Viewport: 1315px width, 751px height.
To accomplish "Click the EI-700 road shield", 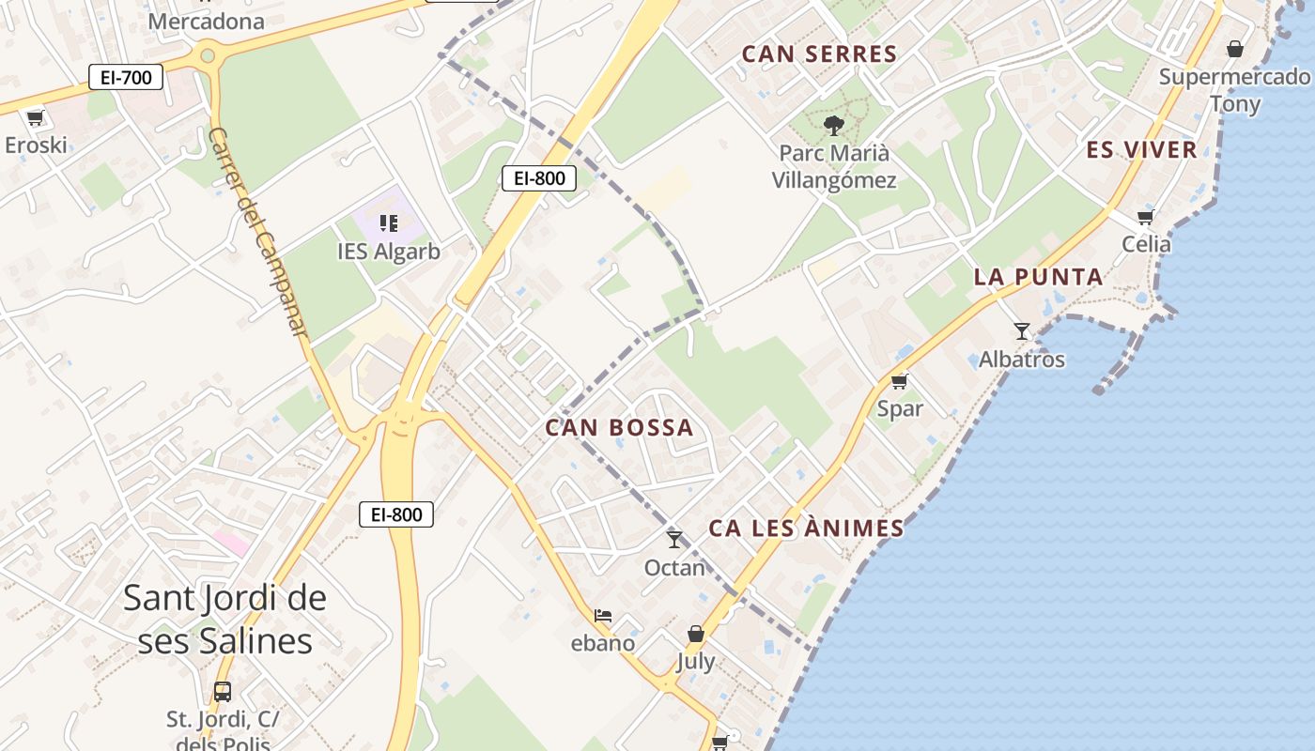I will pos(126,77).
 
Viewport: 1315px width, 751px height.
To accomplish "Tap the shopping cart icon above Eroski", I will pos(36,118).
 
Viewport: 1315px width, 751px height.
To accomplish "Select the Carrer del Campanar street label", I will pos(258,232).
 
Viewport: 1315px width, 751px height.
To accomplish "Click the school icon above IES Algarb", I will pos(389,223).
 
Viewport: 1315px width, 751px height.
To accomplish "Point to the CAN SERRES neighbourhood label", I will pos(820,54).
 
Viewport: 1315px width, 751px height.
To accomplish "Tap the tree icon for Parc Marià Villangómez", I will pos(833,125).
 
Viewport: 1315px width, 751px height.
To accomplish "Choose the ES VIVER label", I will pos(1141,150).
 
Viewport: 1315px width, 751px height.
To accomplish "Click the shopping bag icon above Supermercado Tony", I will pos(1235,49).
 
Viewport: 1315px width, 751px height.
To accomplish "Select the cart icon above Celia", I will pos(1146,218).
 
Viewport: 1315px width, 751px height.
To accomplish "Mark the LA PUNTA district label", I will pos(1038,277).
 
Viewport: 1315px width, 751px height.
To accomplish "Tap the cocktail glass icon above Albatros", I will pos(1022,331).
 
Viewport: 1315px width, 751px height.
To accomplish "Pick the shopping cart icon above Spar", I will pos(900,381).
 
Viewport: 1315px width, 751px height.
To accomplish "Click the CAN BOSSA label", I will pos(619,428).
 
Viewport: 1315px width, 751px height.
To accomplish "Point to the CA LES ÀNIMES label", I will pos(806,529).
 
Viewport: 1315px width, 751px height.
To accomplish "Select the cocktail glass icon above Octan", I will pos(674,540).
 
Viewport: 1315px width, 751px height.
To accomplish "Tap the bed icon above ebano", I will pos(603,617).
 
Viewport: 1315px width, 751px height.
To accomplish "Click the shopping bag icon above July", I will pos(696,635).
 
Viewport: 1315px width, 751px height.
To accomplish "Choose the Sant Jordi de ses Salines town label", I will pos(224,620).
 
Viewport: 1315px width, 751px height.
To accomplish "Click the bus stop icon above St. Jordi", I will pos(223,692).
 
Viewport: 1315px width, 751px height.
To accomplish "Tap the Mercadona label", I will pos(207,21).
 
